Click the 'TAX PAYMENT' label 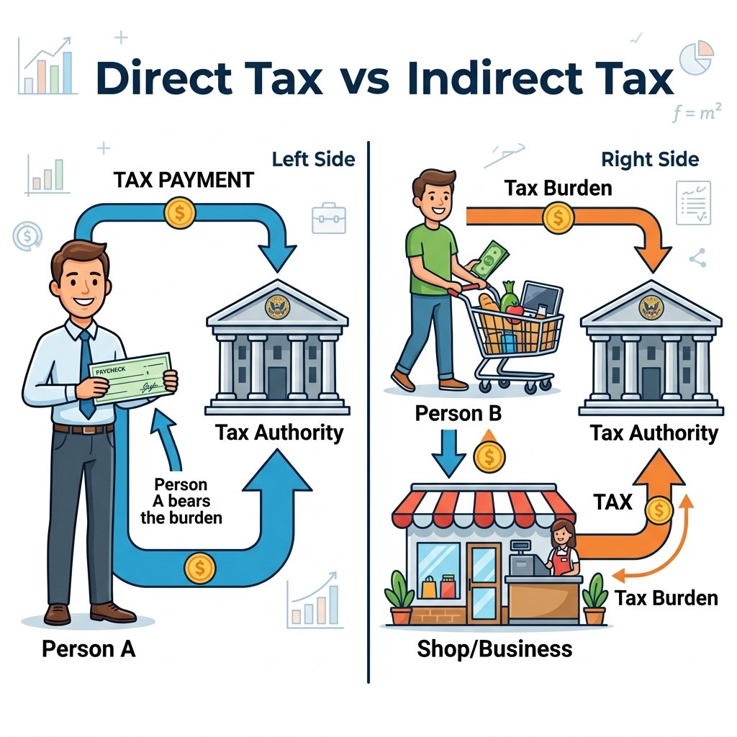[x=184, y=180]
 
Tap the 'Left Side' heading [x=314, y=159]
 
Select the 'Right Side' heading [x=650, y=159]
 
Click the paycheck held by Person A [x=130, y=378]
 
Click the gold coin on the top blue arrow [x=179, y=213]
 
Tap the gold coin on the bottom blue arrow [x=200, y=568]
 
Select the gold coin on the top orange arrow [x=558, y=217]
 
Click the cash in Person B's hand [x=490, y=259]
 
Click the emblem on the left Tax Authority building [x=277, y=307]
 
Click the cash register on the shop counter [x=526, y=559]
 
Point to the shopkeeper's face [x=561, y=535]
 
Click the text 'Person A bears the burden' [x=181, y=501]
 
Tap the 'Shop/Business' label [x=494, y=649]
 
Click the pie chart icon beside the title [x=697, y=58]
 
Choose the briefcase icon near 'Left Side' [x=328, y=219]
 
